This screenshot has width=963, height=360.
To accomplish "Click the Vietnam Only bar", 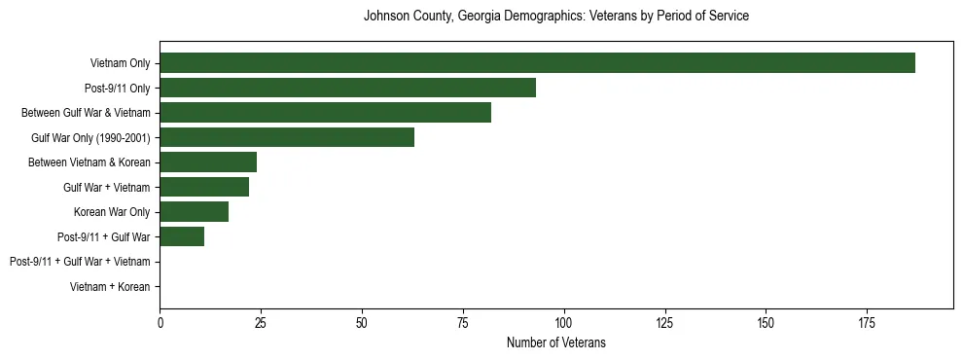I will [537, 63].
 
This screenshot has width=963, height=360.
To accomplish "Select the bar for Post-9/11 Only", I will [347, 88].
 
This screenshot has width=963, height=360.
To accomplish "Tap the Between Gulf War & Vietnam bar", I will [325, 113].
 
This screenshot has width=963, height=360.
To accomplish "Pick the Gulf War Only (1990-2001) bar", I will [287, 137].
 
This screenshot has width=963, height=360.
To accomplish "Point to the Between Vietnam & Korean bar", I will [208, 162].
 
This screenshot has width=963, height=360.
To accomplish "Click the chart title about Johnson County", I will [555, 17].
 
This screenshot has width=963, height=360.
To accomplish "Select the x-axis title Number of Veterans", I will [555, 342].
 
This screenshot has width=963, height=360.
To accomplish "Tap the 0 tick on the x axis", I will [160, 321].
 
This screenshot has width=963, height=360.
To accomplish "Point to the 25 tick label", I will [261, 321].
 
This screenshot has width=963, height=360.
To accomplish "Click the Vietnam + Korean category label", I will [110, 287].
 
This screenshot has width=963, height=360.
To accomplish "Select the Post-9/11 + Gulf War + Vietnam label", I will [80, 262].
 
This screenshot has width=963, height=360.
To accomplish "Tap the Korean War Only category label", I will [112, 212].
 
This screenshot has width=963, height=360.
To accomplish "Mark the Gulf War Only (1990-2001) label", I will [90, 137].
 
